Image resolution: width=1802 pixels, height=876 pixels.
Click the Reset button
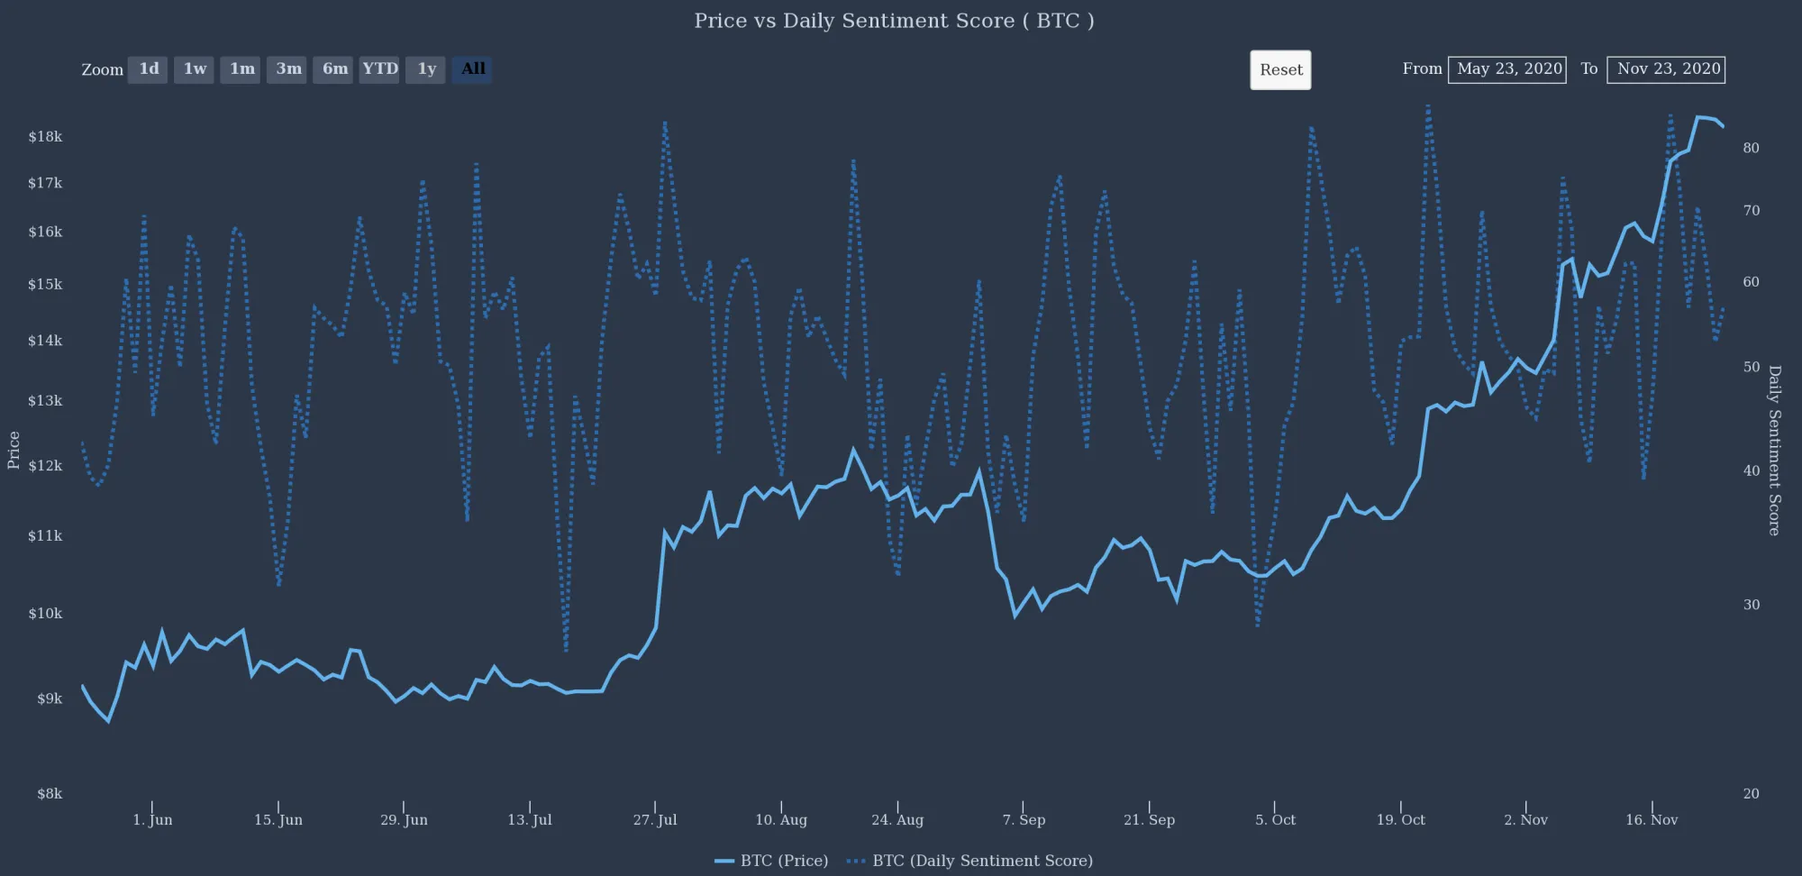coord(1280,70)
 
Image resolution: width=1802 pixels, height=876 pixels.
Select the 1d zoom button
coord(148,69)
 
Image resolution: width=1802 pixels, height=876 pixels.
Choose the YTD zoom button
coord(379,69)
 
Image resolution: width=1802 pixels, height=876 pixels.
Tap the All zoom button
coord(472,69)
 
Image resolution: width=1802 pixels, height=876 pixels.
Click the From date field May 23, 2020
coord(1507,69)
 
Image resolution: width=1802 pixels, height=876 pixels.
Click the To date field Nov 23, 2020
coord(1666,69)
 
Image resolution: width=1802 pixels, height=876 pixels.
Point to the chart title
coord(894,21)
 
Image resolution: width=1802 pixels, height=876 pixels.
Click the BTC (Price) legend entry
coord(772,861)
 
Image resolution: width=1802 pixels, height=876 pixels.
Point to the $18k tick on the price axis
coord(45,137)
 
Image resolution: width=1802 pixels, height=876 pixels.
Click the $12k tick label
coord(45,466)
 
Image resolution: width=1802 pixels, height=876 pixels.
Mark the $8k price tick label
coord(50,794)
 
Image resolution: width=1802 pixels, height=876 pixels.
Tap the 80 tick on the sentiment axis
coord(1751,148)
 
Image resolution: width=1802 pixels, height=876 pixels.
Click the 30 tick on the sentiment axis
coord(1751,605)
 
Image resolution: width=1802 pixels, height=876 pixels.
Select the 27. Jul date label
coord(655,820)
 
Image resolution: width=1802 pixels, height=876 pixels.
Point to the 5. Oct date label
coord(1275,820)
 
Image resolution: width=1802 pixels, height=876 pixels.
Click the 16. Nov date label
coord(1652,820)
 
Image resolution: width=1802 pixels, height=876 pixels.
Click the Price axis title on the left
coord(14,450)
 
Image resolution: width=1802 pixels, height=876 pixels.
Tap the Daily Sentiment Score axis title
coord(1774,450)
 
